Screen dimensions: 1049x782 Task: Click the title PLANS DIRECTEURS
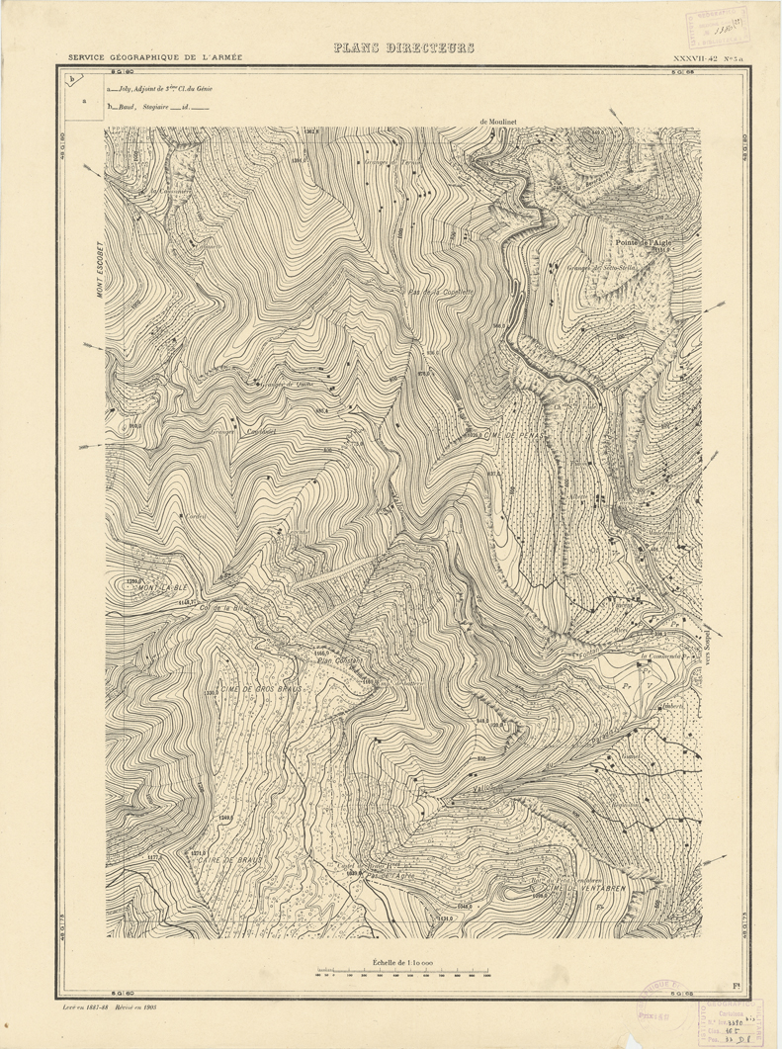403,47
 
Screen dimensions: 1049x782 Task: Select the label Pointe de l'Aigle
643,242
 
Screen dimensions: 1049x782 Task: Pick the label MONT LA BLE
162,589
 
